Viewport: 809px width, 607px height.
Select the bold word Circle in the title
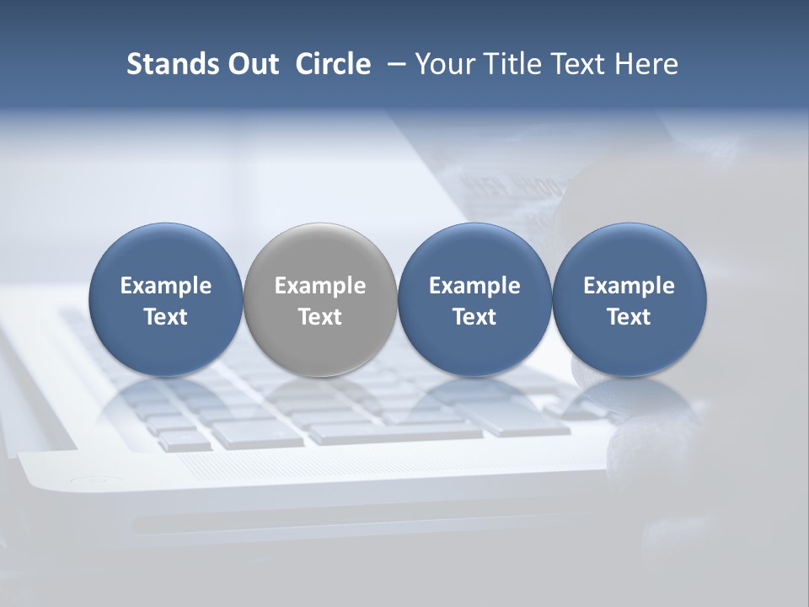coord(333,64)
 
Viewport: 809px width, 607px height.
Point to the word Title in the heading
coord(512,64)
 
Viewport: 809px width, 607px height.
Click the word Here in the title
coord(646,64)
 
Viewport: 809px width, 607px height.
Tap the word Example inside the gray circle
coord(320,286)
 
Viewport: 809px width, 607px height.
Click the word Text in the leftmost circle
coord(166,317)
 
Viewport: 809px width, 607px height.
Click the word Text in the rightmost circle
coord(630,317)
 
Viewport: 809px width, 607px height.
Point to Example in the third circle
coord(474,286)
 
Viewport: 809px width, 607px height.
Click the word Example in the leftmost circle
coord(166,286)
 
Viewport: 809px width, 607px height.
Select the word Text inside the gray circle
coord(320,317)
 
